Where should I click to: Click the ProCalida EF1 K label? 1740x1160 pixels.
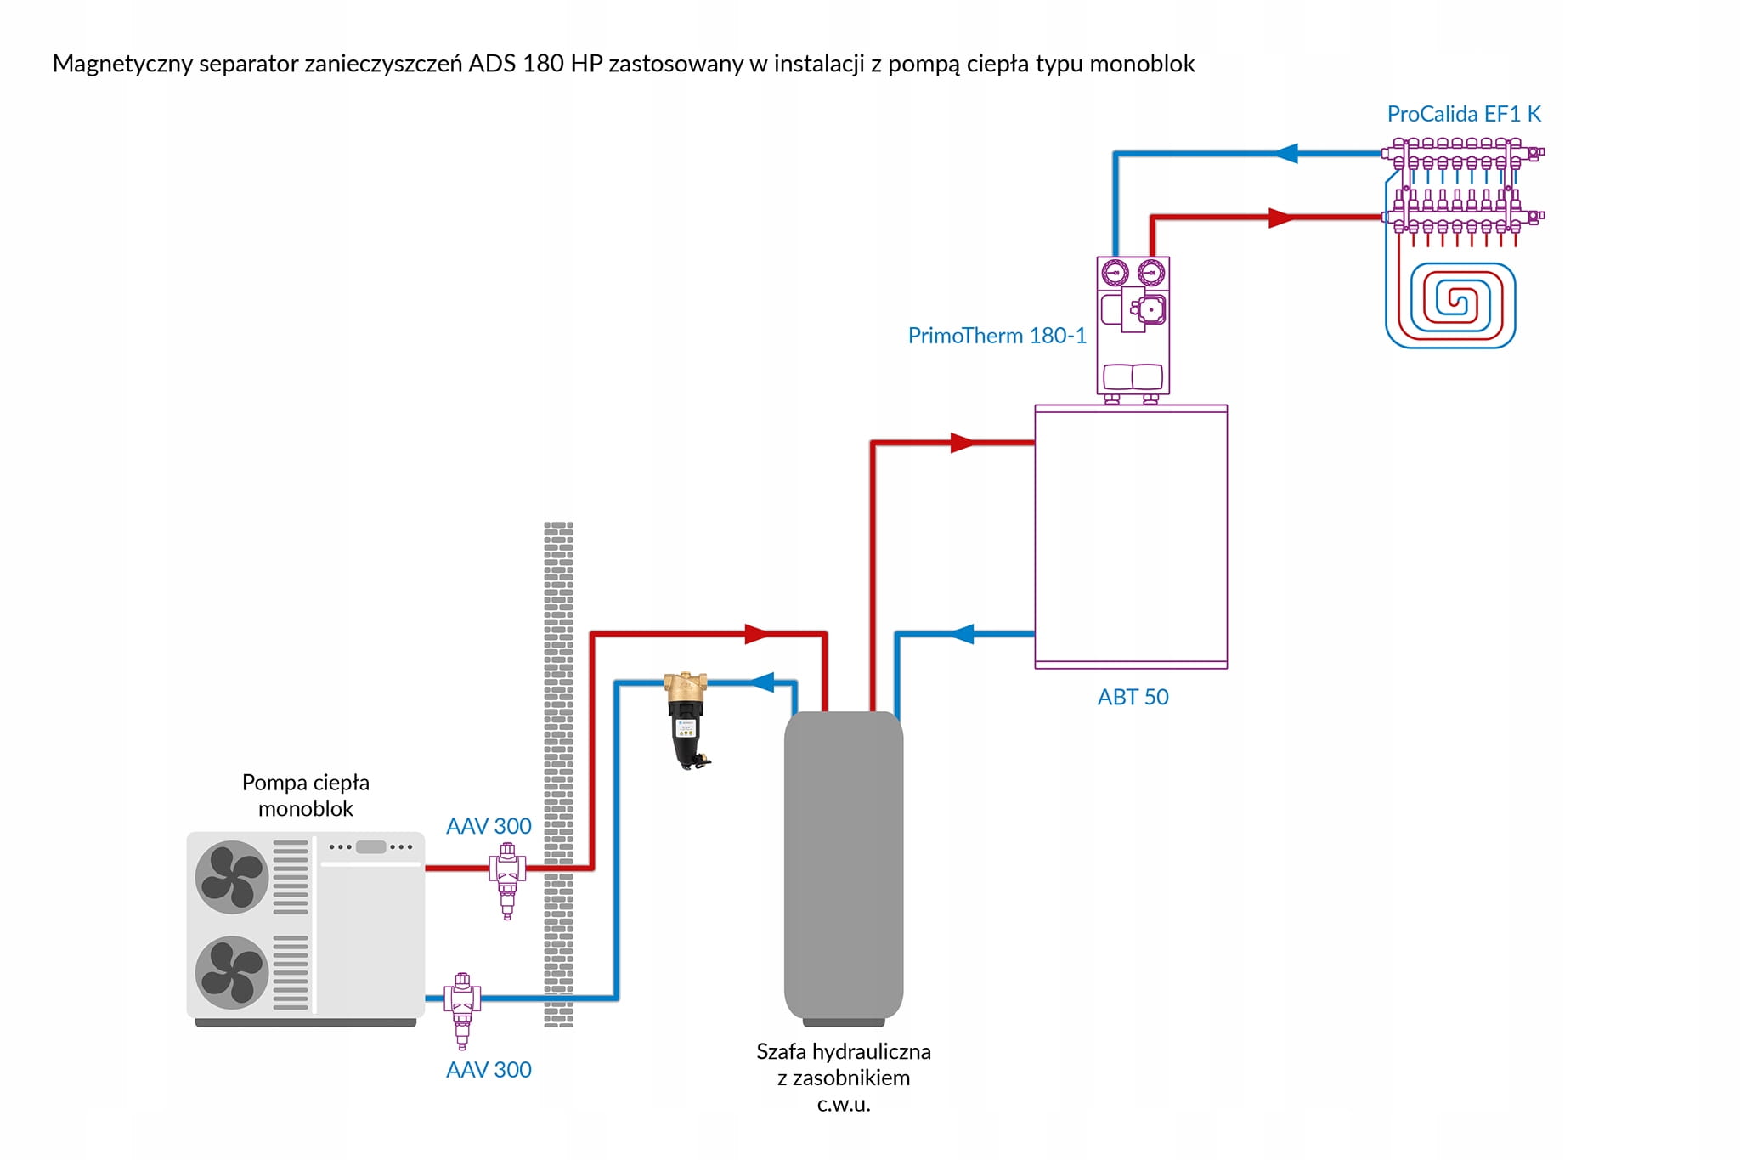pos(1463,114)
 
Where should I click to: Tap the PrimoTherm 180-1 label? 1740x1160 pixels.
pos(997,336)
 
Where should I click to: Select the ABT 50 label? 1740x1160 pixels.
pos(1133,697)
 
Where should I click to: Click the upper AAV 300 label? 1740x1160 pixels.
pos(489,826)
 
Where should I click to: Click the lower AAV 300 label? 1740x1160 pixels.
pos(489,1069)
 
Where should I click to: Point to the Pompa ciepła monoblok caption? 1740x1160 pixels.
pos(306,795)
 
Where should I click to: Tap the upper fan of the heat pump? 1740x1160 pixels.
pos(231,877)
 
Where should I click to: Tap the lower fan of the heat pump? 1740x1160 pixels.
pos(231,972)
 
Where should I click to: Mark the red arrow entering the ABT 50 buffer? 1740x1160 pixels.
pos(962,443)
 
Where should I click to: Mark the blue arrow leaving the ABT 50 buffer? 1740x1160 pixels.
pos(962,634)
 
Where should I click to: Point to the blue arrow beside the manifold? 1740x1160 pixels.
pos(1286,154)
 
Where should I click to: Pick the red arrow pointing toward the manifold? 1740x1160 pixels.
pos(1280,218)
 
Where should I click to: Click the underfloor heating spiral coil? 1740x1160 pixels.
pos(1450,304)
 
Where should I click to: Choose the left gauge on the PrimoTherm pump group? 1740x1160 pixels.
pos(1115,273)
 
